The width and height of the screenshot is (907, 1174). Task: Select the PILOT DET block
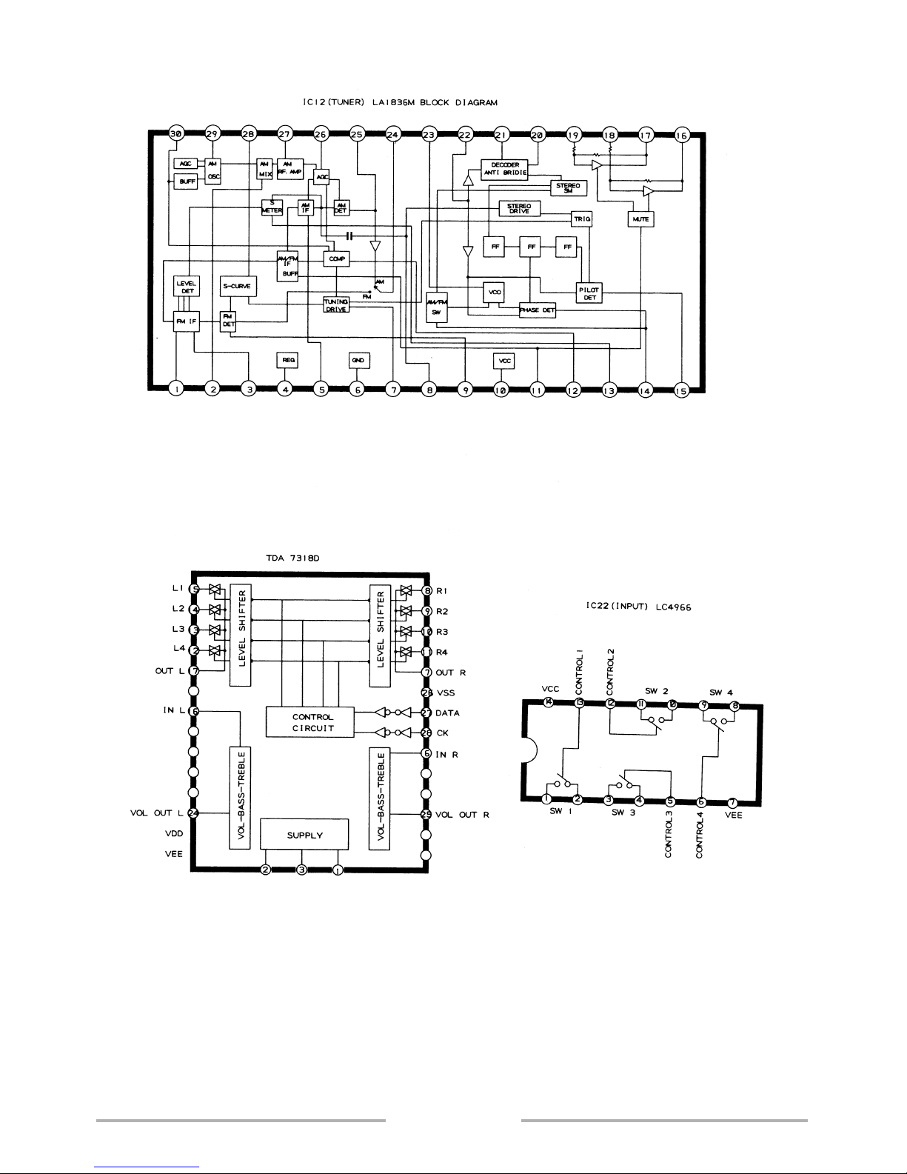pyautogui.click(x=589, y=293)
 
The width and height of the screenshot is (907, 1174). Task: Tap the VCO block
pyautogui.click(x=493, y=293)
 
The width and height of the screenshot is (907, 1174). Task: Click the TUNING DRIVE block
pyautogui.click(x=335, y=304)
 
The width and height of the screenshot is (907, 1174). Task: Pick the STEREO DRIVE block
pyautogui.click(x=519, y=208)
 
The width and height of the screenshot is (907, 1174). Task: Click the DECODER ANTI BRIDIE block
pyautogui.click(x=504, y=167)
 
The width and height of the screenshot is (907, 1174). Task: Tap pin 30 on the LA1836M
pyautogui.click(x=175, y=134)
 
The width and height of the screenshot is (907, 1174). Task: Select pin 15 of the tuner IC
pyautogui.click(x=681, y=388)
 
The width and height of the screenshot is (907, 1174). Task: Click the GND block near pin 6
pyautogui.click(x=358, y=360)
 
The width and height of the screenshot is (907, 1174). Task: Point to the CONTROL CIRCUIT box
pyautogui.click(x=312, y=722)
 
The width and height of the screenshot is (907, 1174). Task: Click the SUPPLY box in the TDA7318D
pyautogui.click(x=304, y=835)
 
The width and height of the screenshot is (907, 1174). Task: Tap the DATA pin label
pyautogui.click(x=447, y=713)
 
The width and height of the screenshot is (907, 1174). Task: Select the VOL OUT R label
pyautogui.click(x=462, y=815)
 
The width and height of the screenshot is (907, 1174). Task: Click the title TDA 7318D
pyautogui.click(x=292, y=561)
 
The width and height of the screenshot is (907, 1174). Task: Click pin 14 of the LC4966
pyautogui.click(x=549, y=703)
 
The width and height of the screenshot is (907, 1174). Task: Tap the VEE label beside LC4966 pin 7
pyautogui.click(x=733, y=815)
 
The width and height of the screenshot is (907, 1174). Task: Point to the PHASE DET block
pyautogui.click(x=537, y=310)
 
